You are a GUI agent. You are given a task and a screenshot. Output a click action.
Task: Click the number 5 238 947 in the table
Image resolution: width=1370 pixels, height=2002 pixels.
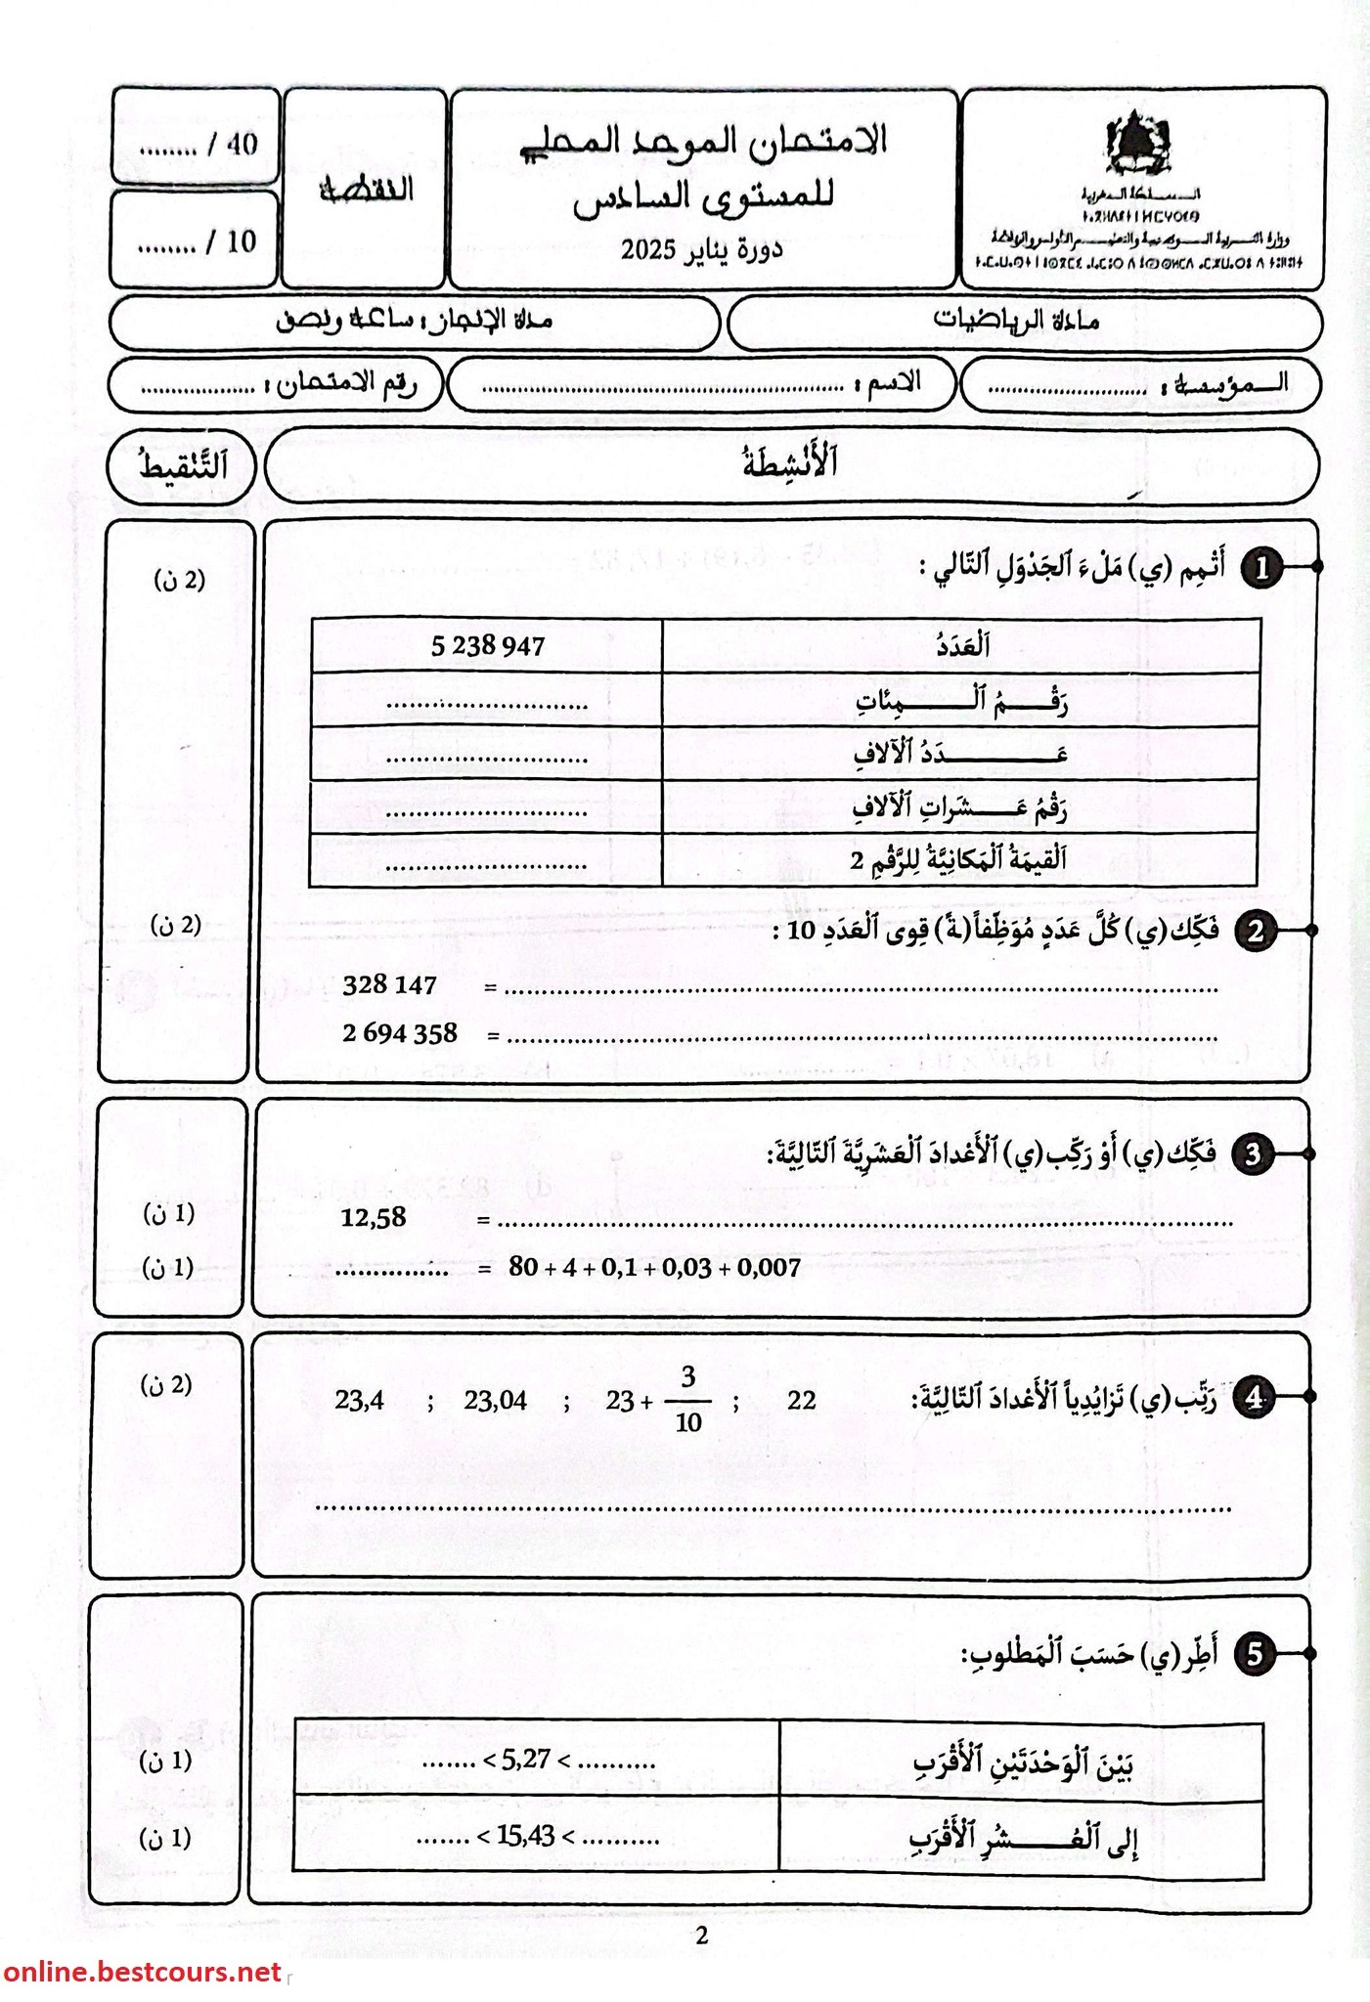pos(487,645)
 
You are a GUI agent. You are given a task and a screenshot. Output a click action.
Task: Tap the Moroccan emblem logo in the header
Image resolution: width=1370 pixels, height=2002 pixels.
pos(1137,146)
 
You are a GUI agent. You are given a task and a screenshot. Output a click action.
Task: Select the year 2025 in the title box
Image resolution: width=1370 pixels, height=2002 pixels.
pos(648,250)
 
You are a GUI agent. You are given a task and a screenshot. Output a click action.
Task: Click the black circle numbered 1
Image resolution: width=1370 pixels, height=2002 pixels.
pos(1261,568)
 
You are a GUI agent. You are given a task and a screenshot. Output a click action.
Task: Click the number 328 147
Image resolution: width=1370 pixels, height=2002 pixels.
pos(389,985)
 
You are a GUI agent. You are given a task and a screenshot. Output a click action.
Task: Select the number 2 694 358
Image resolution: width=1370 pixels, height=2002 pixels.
pos(400,1033)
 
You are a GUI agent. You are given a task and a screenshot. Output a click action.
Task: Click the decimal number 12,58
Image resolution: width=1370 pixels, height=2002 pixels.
pos(373,1218)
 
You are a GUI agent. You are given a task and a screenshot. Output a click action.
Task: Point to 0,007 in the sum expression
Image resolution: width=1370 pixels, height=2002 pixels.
pos(768,1269)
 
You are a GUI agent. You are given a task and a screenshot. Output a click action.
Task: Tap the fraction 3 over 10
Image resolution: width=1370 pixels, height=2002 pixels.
pos(688,1401)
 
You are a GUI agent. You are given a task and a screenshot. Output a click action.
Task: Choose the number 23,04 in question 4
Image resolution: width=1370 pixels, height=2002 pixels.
pos(495,1402)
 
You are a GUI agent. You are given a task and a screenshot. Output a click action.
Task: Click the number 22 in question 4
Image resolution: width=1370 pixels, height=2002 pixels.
pos(802,1401)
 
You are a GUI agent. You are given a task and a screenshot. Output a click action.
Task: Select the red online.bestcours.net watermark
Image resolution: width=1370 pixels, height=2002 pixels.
pos(142,1973)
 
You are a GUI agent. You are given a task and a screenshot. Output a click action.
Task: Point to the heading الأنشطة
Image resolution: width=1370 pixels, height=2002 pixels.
pos(790,463)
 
